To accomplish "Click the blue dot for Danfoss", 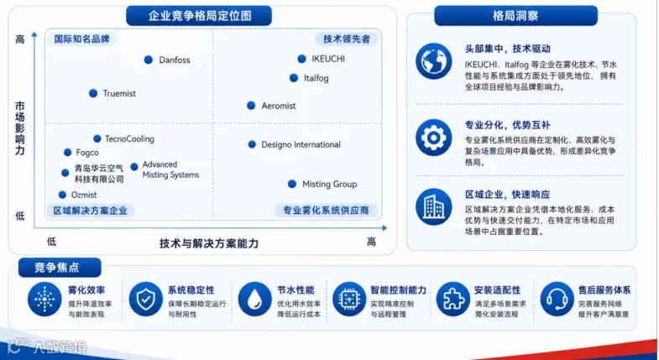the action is [x=149, y=60].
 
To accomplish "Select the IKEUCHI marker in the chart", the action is [x=301, y=59].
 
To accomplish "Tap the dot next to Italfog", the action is [x=294, y=78].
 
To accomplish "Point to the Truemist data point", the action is [x=93, y=93].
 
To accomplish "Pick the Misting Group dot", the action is [x=292, y=184].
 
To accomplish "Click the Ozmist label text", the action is [x=84, y=195].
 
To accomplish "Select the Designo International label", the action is [x=301, y=144].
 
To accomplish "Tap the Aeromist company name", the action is [x=279, y=106].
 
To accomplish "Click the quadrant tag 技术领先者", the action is [x=347, y=39].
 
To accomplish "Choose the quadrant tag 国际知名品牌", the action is [x=81, y=39].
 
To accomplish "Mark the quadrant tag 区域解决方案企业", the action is [x=90, y=211].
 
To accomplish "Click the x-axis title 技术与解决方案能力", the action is [x=209, y=243].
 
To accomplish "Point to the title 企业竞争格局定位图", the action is [x=199, y=16].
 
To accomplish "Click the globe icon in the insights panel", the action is [x=434, y=61].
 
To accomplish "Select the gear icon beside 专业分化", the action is [x=434, y=138].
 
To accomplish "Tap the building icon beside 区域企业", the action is [x=434, y=206].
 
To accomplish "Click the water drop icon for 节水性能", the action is [x=254, y=299].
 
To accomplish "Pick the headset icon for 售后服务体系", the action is [x=557, y=299].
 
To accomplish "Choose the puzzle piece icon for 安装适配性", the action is [x=453, y=299].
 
